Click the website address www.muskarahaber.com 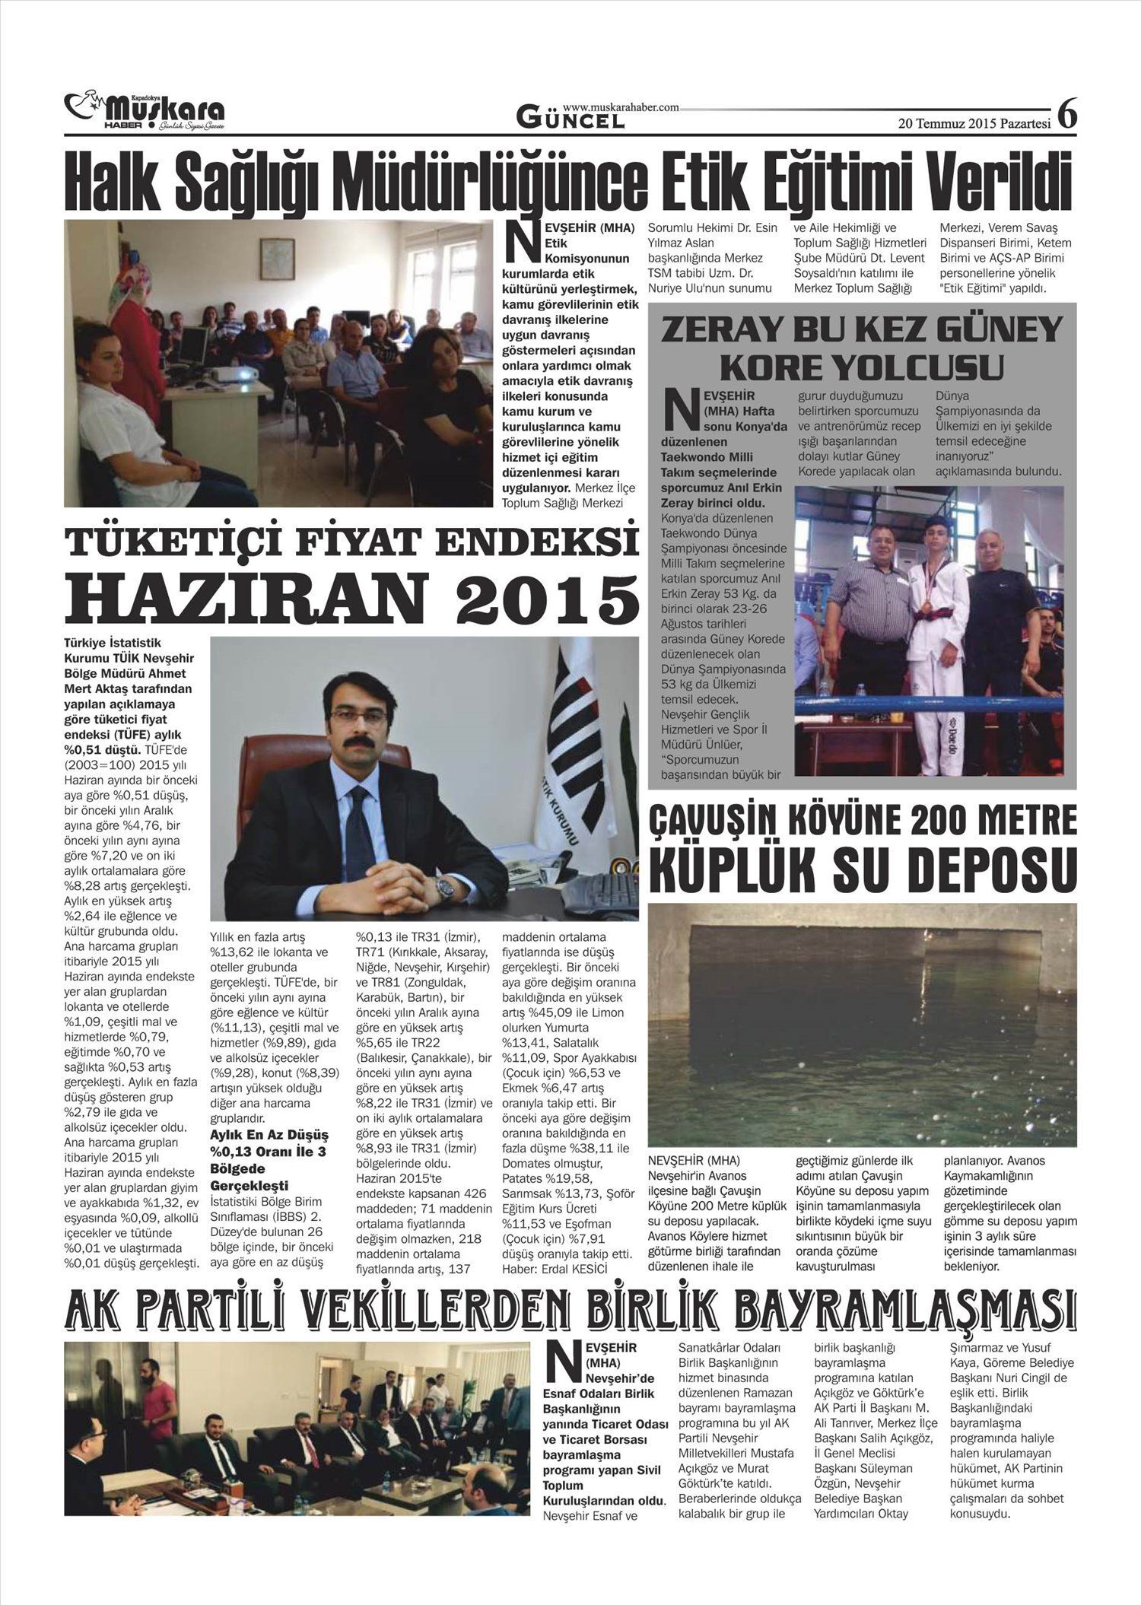coord(621,108)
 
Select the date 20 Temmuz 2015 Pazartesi coord(974,123)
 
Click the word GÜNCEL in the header coord(570,118)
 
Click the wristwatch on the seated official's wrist coord(444,885)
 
